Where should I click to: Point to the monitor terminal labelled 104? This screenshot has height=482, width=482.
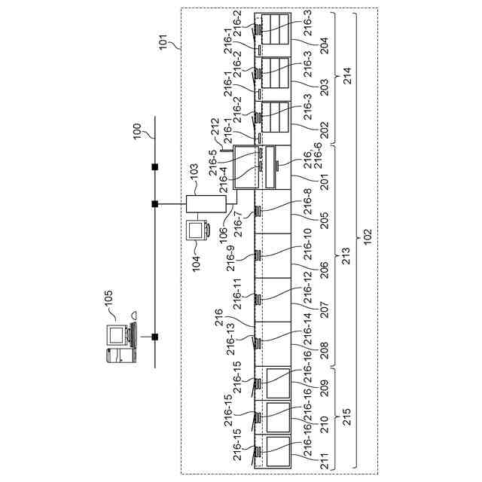point(198,230)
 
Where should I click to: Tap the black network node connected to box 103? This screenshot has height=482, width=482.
point(154,204)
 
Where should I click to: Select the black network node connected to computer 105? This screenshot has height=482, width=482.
point(154,337)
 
